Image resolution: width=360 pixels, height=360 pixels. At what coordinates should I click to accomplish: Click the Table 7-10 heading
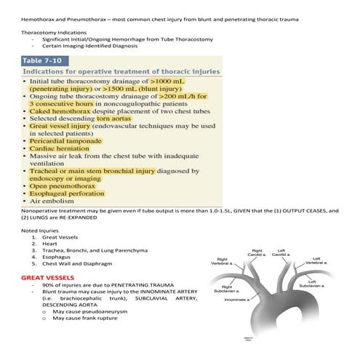44,60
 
